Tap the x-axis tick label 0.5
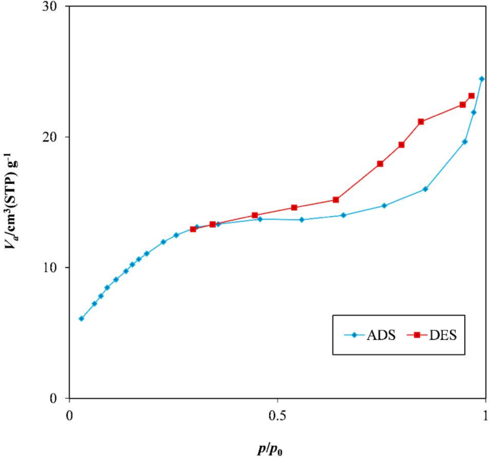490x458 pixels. pyautogui.click(x=278, y=416)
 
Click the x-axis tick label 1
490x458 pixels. pyautogui.click(x=486, y=416)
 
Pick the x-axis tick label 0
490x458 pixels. pyautogui.click(x=69, y=416)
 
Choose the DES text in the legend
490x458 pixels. pyautogui.click(x=441, y=335)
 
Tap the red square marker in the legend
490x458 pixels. pyautogui.click(x=416, y=335)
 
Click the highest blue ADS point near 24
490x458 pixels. pyautogui.click(x=481, y=79)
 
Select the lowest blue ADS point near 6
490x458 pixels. pyautogui.click(x=82, y=318)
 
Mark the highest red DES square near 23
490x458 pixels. pyautogui.click(x=471, y=96)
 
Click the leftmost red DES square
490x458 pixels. pyautogui.click(x=193, y=229)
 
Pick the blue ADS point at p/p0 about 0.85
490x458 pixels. pyautogui.click(x=425, y=189)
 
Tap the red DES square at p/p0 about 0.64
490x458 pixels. pyautogui.click(x=336, y=200)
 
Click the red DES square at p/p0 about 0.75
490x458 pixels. pyautogui.click(x=381, y=164)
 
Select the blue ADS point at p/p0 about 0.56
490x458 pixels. pyautogui.click(x=301, y=220)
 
